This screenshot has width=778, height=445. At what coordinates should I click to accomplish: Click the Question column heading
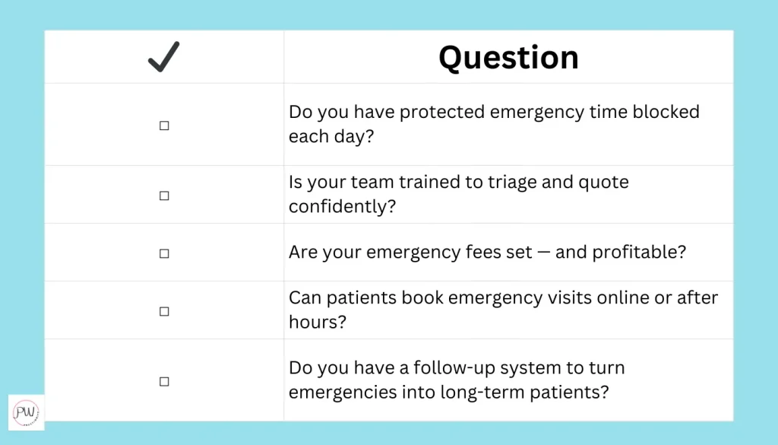508,58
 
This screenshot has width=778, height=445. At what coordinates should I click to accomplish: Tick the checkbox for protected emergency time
164,126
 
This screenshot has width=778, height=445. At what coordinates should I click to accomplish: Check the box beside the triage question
164,195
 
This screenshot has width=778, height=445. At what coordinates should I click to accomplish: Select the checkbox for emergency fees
164,254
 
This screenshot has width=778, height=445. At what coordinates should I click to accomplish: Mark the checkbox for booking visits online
164,311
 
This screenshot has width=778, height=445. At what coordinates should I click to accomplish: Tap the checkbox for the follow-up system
164,381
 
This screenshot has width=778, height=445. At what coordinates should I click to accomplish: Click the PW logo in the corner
26,412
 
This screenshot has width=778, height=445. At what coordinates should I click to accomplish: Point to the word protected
442,113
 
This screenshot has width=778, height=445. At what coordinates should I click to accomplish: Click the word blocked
666,112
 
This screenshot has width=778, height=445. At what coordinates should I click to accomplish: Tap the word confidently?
343,206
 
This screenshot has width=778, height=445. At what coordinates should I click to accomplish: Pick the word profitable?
639,253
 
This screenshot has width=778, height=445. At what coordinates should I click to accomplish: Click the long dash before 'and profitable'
544,253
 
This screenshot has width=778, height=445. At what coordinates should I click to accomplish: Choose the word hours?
318,322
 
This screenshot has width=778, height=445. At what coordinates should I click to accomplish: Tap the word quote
603,183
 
